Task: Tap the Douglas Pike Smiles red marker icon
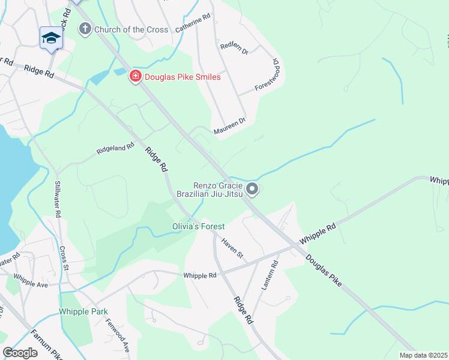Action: [136, 76]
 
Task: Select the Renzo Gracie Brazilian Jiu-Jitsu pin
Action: [253, 190]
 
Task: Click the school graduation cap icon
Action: [51, 38]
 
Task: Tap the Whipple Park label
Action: [83, 311]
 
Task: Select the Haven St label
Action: [232, 247]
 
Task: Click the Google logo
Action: [20, 353]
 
